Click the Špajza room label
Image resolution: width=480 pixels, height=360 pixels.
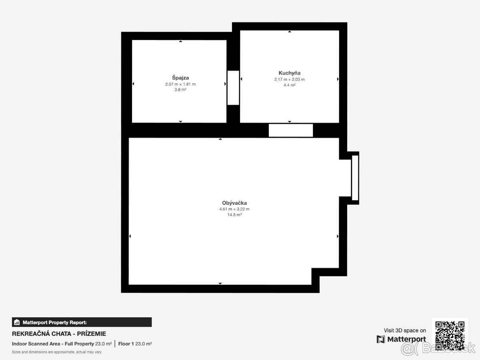pos(180,78)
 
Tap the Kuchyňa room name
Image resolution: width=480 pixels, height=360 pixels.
pos(289,73)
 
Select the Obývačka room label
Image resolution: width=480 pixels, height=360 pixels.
pos(234,203)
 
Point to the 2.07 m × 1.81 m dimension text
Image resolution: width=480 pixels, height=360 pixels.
pos(180,84)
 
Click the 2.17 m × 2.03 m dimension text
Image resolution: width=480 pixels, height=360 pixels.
pos(289,79)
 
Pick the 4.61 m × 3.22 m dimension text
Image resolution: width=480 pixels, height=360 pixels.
pos(234,209)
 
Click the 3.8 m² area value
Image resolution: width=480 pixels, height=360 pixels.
pos(180,90)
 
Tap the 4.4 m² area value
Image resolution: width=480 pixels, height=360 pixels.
pos(289,85)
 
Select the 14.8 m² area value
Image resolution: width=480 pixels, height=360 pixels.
pos(234,215)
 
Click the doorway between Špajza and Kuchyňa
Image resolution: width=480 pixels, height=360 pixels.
pos(233,88)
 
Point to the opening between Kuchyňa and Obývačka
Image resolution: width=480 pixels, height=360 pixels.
pos(291,130)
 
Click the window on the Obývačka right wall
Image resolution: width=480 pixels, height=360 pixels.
pos(355,178)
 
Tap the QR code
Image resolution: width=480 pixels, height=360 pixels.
pos(450,336)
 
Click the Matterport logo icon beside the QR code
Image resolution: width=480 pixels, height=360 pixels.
pos(381,339)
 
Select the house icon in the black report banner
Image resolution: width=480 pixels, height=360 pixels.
pos(17,322)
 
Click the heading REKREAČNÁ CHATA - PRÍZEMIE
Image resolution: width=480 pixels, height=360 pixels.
pos(59,334)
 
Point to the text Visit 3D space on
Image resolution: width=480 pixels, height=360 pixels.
pos(405,330)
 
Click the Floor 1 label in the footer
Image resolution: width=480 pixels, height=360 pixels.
pos(126,344)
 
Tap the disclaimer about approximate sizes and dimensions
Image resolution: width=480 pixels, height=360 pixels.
pos(57,352)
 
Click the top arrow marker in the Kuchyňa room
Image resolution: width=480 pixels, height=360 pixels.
pos(290,32)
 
